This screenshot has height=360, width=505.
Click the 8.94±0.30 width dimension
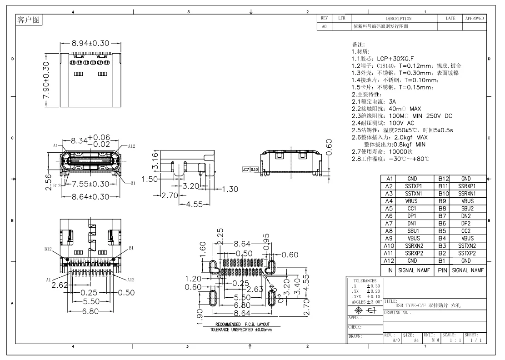click(90, 43)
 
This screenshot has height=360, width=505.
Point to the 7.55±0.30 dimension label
click(90, 184)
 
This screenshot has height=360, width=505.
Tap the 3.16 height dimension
click(155, 161)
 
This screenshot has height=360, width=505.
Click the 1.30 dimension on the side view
click(230, 190)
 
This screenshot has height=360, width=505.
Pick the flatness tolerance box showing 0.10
click(250, 170)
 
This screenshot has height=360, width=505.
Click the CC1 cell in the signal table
click(412, 209)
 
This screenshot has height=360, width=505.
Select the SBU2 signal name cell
click(467, 209)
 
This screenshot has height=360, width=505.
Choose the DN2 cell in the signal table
click(466, 216)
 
